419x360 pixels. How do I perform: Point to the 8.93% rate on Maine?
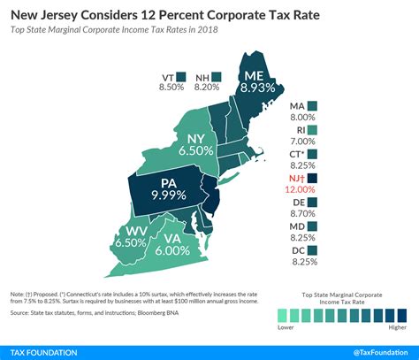pos(256,88)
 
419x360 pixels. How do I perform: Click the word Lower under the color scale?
pos(285,326)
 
